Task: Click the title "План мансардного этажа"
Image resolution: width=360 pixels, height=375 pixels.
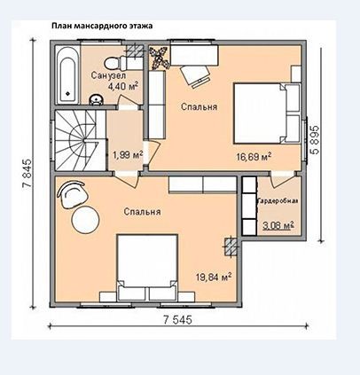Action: tap(102, 26)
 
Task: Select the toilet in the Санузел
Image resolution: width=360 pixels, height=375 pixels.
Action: tap(116, 62)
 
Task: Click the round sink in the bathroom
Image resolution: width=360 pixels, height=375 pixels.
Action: tap(96, 99)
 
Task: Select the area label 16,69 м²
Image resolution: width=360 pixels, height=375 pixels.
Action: tap(254, 157)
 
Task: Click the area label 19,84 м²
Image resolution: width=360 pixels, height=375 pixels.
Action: tap(214, 277)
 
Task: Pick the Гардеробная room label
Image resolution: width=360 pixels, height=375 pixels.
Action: tap(278, 201)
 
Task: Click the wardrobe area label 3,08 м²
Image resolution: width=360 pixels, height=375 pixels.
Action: tap(278, 226)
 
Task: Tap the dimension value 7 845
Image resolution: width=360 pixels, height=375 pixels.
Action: tap(27, 175)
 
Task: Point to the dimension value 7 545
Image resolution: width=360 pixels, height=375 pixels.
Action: tap(177, 319)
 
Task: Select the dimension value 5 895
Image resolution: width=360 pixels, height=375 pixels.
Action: tap(316, 140)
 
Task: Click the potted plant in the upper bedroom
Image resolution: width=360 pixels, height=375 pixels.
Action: tap(159, 58)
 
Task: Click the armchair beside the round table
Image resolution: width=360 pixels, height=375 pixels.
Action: tap(73, 195)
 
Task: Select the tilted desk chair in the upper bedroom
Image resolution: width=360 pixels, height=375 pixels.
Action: tap(195, 76)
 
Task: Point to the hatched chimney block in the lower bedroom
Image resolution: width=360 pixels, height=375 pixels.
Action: tap(231, 246)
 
